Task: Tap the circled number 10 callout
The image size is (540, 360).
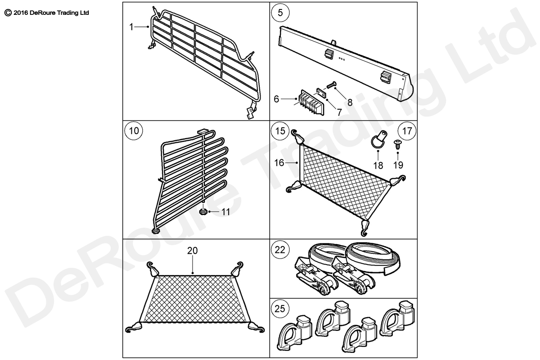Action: point(134,131)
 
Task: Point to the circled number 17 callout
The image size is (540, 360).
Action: point(407,131)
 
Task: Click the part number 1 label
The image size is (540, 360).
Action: point(131,27)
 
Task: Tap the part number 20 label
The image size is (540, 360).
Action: point(192,251)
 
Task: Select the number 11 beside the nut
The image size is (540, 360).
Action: point(225,211)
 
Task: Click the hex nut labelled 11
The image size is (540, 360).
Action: point(203,211)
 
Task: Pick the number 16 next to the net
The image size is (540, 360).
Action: point(279,163)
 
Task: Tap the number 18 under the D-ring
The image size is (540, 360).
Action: point(378,165)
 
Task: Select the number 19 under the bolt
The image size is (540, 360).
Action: point(398,165)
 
